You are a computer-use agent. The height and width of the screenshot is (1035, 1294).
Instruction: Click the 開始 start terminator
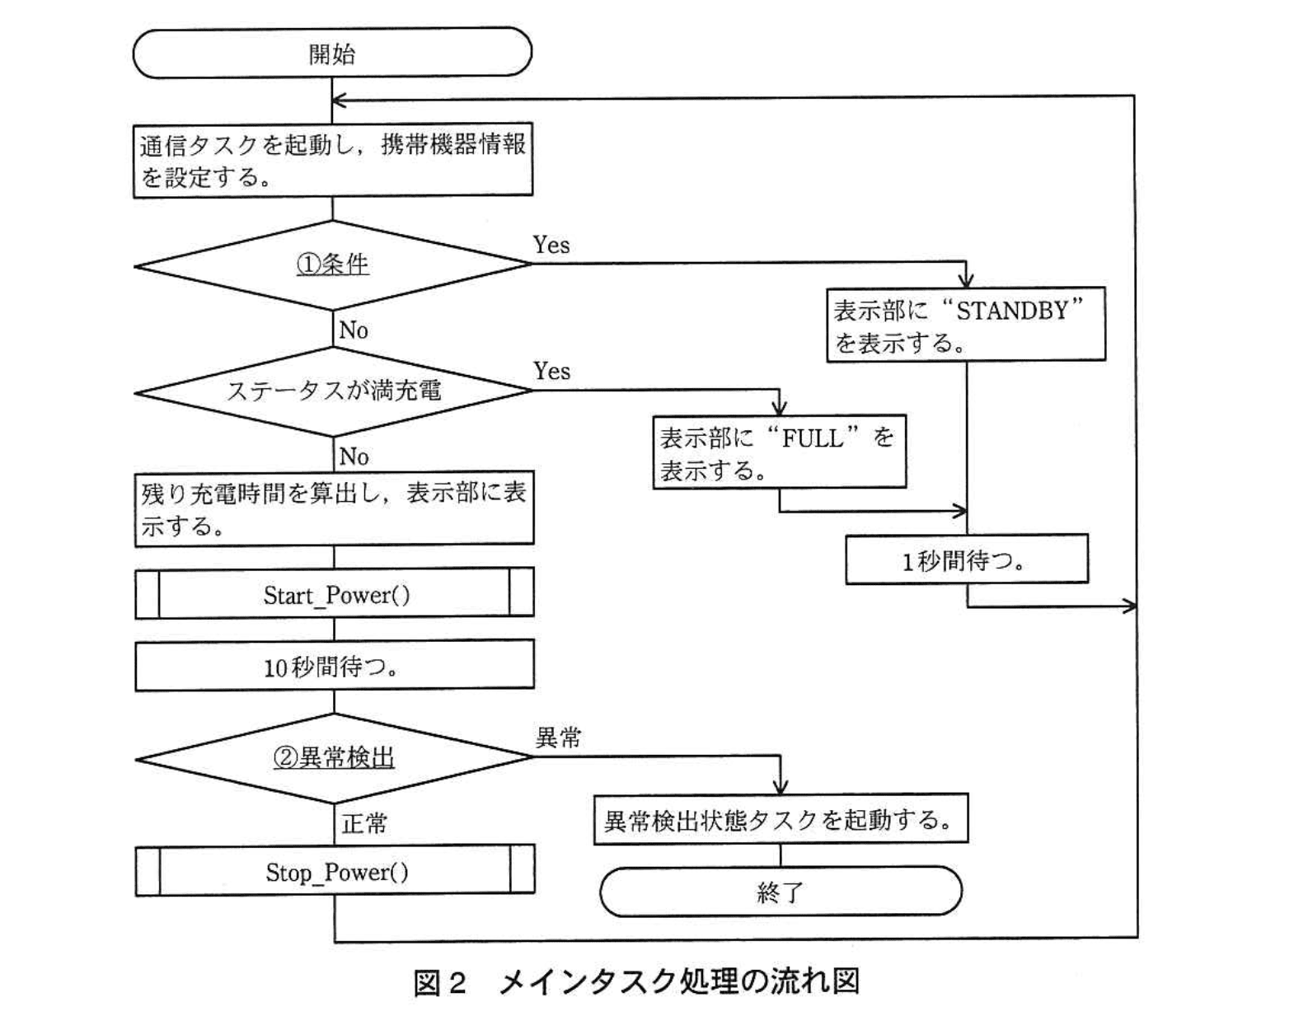[332, 54]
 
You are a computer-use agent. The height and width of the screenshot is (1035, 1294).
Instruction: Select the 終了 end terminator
[781, 892]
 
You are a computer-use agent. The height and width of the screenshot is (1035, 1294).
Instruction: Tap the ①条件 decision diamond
[333, 265]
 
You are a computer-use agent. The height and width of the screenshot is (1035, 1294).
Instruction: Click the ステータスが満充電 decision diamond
[333, 391]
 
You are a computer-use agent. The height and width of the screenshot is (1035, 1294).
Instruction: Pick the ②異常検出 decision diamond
[334, 757]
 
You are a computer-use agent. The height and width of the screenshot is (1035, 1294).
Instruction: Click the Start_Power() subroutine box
[335, 593]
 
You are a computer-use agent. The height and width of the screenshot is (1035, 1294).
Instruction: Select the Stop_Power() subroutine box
[335, 871]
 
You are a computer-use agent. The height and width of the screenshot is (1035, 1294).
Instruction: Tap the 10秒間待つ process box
[334, 666]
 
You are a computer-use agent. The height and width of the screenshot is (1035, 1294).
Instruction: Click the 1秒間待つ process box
[966, 560]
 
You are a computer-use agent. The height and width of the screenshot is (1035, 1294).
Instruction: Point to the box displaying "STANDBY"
[965, 325]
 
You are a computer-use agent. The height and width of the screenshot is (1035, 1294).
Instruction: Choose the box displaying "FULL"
[779, 452]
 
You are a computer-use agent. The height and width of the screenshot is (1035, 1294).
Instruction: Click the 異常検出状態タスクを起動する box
[780, 820]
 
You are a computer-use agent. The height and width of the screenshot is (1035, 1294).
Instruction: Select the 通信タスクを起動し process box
[333, 161]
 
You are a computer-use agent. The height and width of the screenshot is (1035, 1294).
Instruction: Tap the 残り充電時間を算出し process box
[334, 509]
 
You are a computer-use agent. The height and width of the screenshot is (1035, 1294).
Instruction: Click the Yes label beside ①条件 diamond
[551, 245]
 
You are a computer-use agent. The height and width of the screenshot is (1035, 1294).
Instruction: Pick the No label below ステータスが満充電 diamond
[354, 456]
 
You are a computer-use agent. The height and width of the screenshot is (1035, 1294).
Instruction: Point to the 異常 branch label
[559, 738]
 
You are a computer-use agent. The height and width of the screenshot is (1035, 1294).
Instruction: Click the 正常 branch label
[363, 823]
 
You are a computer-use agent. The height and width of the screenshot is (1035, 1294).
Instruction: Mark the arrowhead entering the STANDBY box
[966, 281]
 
